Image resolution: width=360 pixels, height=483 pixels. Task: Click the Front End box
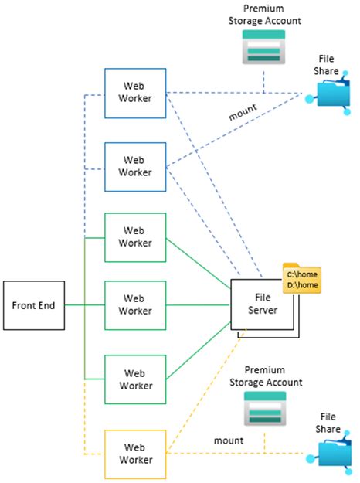tap(33, 305)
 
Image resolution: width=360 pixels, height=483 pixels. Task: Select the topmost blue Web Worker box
tap(136, 93)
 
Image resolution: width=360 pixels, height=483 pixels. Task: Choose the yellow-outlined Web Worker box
tap(136, 453)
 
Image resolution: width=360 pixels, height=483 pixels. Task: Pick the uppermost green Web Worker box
tap(136, 236)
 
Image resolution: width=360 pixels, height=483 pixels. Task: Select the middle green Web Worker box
tap(136, 305)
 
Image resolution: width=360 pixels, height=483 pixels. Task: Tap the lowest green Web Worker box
tap(136, 379)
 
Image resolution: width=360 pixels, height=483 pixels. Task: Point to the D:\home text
tap(303, 285)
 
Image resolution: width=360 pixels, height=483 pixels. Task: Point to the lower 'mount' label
tap(229, 440)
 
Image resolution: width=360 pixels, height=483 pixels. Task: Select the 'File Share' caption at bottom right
tap(328, 422)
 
